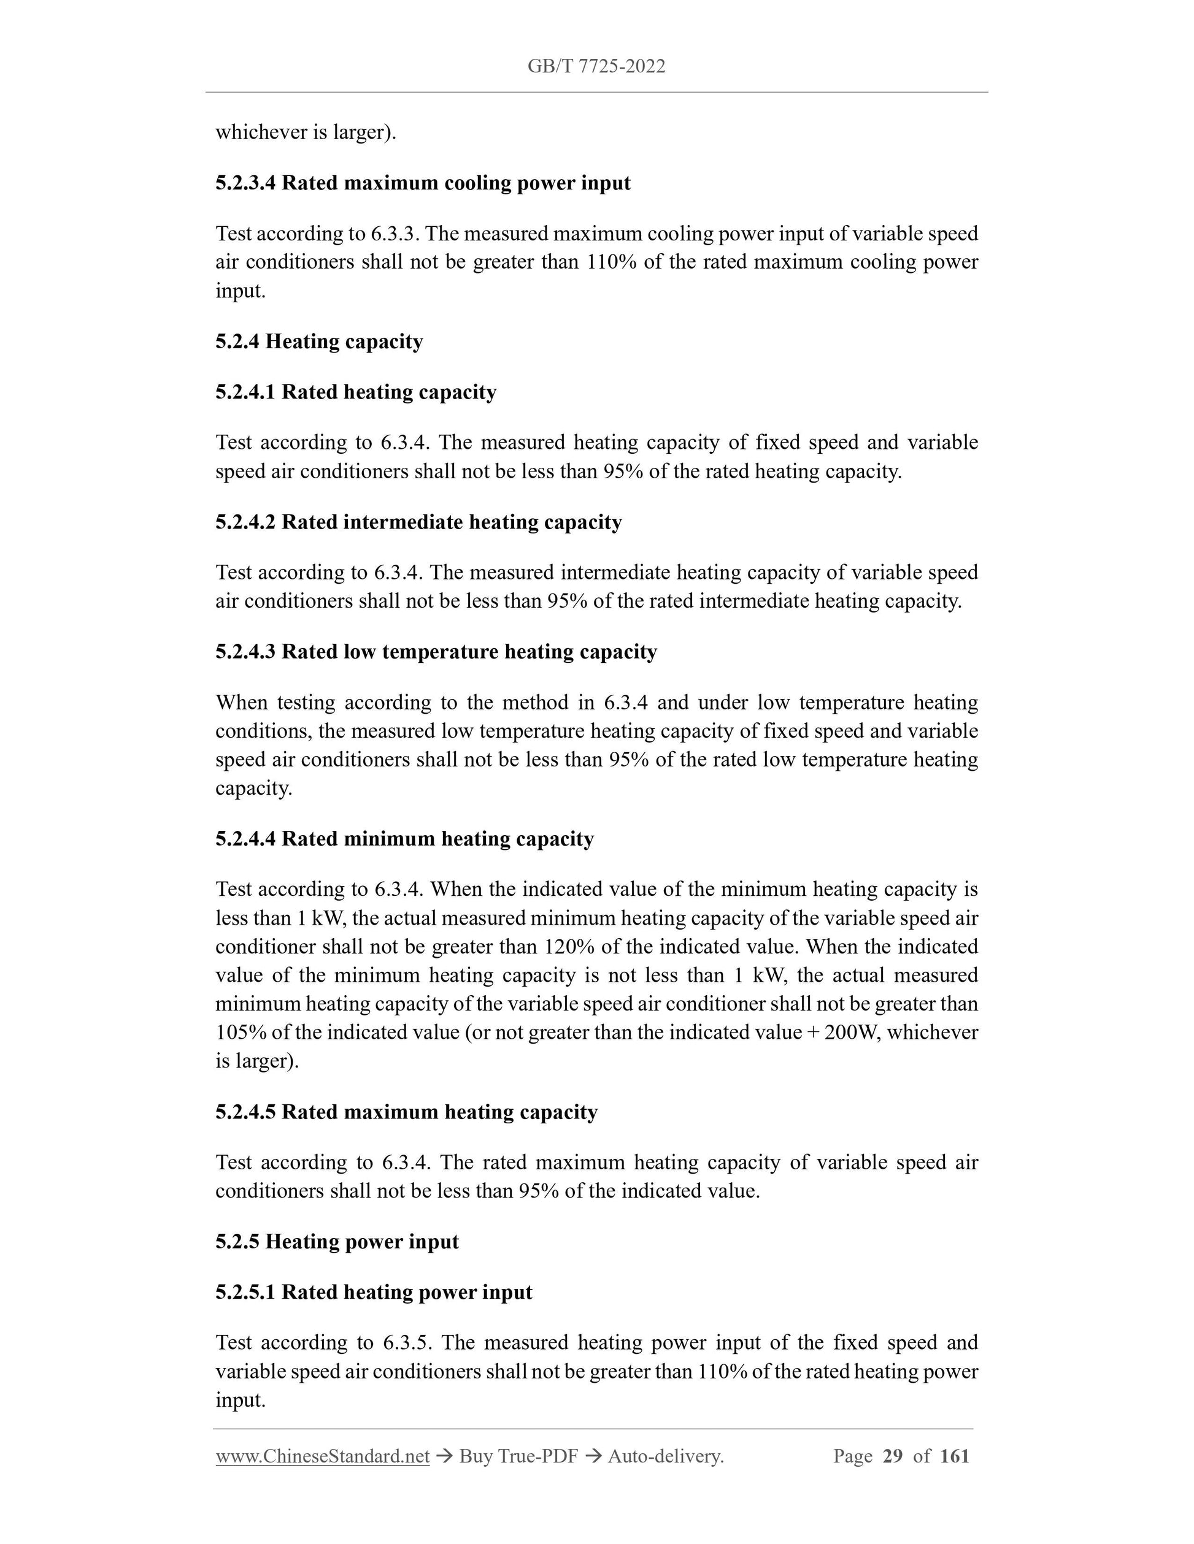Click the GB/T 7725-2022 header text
[596, 66]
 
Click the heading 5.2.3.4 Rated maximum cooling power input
[423, 183]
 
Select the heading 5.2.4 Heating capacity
[319, 342]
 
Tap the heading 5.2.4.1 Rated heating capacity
[356, 392]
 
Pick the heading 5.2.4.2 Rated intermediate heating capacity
[418, 522]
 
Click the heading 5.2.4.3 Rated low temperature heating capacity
[436, 651]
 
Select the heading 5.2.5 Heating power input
[337, 1242]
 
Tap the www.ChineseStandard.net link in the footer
[323, 1456]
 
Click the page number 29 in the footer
[893, 1456]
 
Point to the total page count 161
[955, 1456]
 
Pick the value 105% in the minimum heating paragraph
[241, 1032]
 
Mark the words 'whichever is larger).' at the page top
[306, 132]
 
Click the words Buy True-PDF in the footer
[518, 1456]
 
